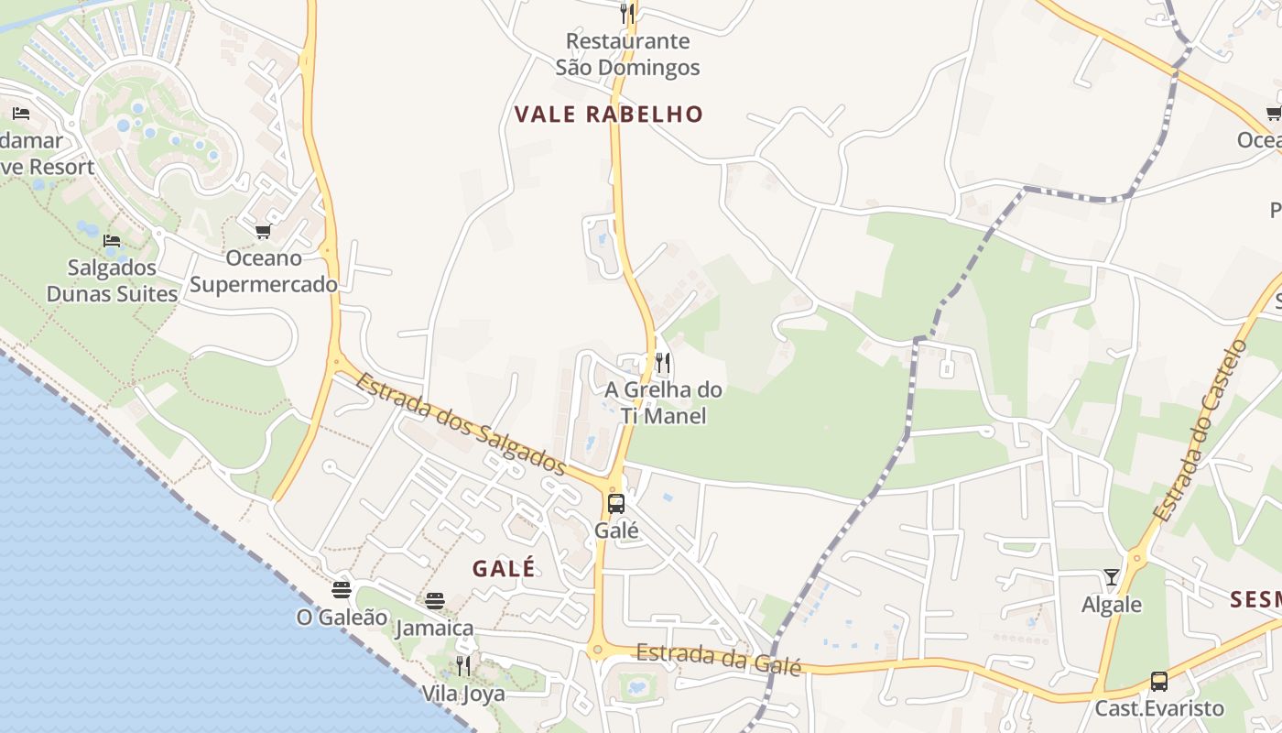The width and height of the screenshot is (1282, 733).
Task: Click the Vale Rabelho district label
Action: click(x=608, y=115)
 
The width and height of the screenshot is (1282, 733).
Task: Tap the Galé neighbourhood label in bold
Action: click(x=504, y=568)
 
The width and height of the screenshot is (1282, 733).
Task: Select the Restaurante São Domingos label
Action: click(x=627, y=54)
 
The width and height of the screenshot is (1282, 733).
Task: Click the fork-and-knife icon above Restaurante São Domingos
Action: click(x=627, y=13)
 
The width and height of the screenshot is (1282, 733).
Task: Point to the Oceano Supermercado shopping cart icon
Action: click(x=264, y=231)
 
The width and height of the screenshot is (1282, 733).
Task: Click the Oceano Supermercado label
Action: click(x=264, y=271)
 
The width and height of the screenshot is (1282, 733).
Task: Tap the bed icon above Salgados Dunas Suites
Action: click(x=112, y=241)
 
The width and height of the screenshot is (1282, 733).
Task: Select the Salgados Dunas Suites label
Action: click(x=112, y=280)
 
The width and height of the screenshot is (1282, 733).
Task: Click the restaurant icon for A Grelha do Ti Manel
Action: click(x=663, y=363)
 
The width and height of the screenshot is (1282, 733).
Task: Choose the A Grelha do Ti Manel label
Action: click(x=663, y=402)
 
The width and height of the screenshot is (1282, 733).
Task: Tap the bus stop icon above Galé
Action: click(x=616, y=503)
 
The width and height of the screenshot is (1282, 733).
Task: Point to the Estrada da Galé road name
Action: click(x=718, y=658)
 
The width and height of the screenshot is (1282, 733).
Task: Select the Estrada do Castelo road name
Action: click(x=1200, y=431)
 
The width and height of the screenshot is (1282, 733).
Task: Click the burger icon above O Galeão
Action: click(x=342, y=589)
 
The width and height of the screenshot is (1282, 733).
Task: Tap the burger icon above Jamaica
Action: click(x=435, y=601)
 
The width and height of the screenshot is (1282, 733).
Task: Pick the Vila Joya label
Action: click(x=463, y=693)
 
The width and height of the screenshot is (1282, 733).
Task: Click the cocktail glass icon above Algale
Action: click(x=1112, y=577)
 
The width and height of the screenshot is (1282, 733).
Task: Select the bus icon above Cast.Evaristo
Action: click(x=1159, y=682)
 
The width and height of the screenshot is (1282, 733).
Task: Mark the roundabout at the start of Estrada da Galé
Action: click(x=598, y=651)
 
